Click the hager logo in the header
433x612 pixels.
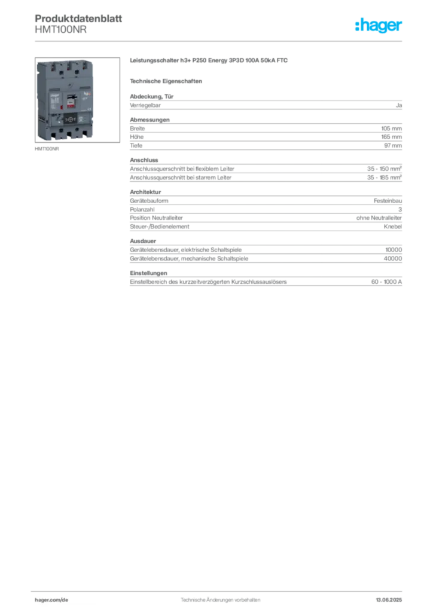click(378, 26)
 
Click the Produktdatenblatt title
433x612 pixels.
click(78, 19)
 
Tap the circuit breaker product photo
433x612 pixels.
click(77, 100)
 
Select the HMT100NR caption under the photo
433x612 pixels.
click(47, 149)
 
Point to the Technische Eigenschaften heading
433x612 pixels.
click(166, 81)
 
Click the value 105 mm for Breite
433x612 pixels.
click(391, 128)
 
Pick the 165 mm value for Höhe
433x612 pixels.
click(391, 137)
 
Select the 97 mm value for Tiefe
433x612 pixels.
click(393, 146)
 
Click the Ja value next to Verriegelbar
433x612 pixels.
click(399, 105)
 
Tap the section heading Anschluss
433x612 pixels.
click(144, 160)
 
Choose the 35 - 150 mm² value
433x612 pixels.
click(384, 169)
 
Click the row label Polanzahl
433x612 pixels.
click(142, 210)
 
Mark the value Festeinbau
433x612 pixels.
click(388, 201)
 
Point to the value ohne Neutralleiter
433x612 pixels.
click(379, 218)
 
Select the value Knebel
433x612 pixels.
click(393, 227)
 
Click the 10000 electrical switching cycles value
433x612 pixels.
click(394, 250)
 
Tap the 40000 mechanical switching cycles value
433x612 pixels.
click(393, 258)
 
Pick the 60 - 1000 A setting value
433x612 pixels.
click(386, 282)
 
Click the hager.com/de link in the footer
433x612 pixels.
click(51, 600)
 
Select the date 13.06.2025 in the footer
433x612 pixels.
click(389, 600)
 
